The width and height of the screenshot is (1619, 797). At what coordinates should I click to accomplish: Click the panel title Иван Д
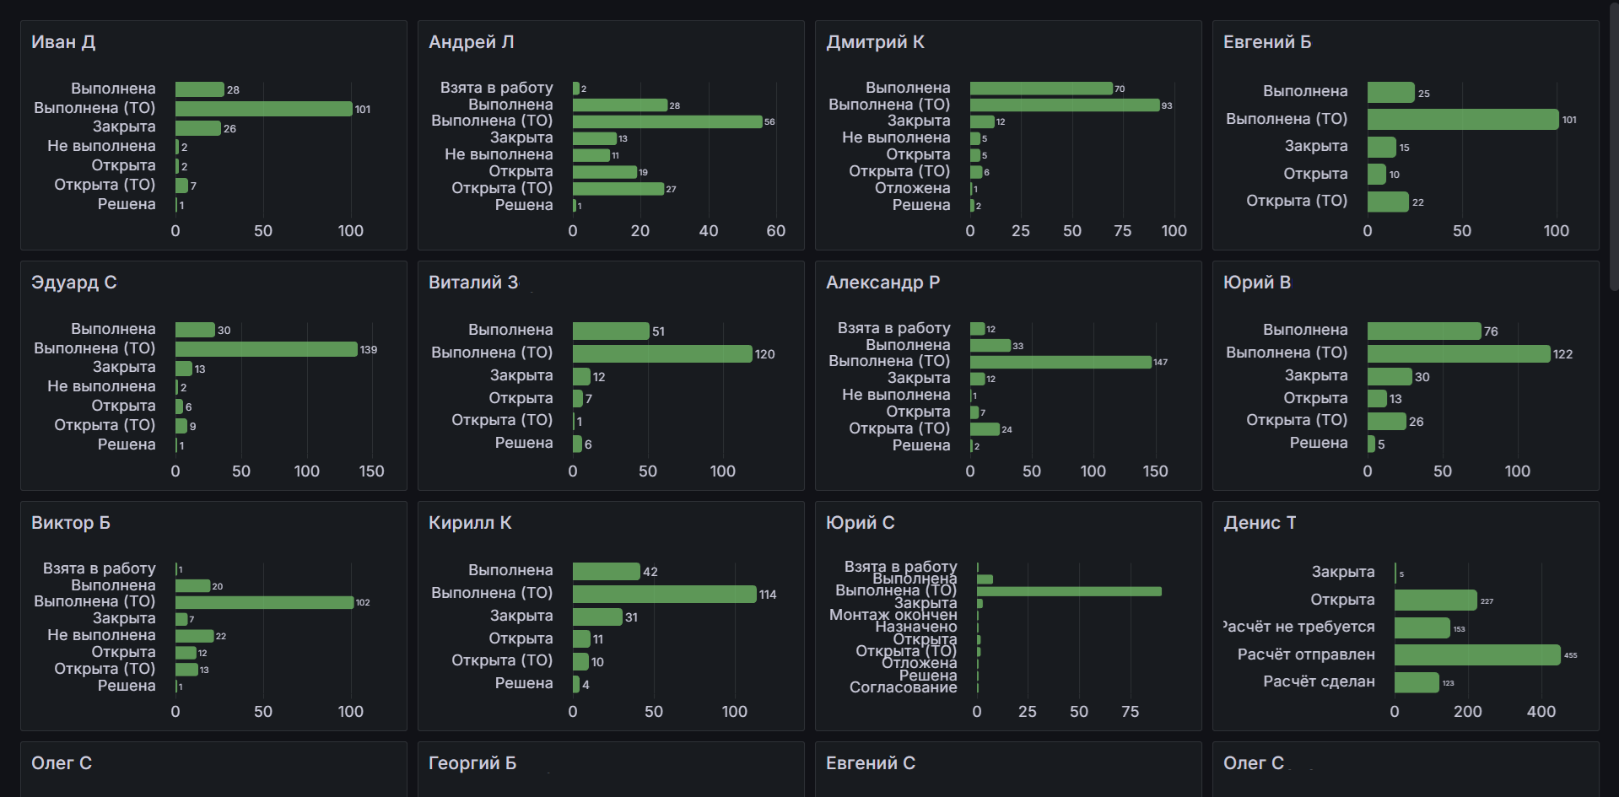(x=63, y=42)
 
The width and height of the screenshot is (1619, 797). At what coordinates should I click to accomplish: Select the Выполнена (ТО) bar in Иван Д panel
(x=263, y=109)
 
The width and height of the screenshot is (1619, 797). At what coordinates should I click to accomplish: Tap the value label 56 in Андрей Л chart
(x=769, y=122)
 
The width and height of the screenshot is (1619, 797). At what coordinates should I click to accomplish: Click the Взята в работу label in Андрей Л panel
(x=496, y=88)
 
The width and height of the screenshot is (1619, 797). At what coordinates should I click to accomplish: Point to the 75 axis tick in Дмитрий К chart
(x=1122, y=231)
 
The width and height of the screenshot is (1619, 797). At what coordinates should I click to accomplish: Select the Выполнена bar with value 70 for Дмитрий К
(x=1041, y=89)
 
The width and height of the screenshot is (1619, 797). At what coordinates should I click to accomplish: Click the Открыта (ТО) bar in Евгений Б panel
(x=1388, y=202)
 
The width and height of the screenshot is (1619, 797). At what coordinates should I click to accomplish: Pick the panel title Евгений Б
(x=1267, y=42)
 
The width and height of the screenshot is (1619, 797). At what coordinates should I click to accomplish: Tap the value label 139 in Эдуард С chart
(x=369, y=350)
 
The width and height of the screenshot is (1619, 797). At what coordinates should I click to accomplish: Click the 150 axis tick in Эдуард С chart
(x=371, y=471)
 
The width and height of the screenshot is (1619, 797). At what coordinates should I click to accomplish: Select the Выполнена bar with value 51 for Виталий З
(x=611, y=331)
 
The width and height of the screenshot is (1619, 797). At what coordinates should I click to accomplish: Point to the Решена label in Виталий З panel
(x=523, y=443)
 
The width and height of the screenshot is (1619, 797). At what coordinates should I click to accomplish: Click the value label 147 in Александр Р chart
(x=1160, y=363)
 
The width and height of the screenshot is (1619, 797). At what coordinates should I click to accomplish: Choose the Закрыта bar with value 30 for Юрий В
(x=1390, y=376)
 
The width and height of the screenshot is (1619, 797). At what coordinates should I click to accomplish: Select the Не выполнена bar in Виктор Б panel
(x=194, y=636)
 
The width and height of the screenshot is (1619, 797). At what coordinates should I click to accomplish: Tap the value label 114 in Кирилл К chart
(x=768, y=595)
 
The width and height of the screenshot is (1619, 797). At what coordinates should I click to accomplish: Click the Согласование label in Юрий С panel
(x=903, y=687)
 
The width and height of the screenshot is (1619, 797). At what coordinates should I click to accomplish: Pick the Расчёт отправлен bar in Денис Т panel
(x=1477, y=655)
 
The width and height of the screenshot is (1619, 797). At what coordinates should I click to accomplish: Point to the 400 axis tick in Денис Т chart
(x=1541, y=712)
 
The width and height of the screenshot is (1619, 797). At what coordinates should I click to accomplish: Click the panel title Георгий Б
(x=472, y=763)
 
